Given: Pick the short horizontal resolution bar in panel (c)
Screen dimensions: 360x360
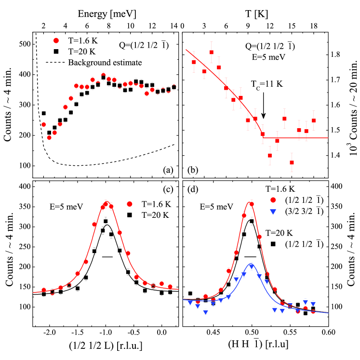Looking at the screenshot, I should (x=107, y=257).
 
